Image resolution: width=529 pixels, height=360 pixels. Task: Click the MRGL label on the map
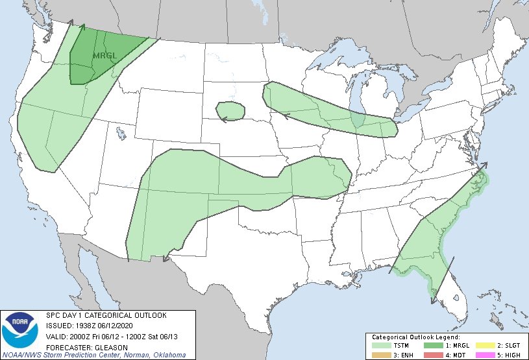click(x=105, y=56)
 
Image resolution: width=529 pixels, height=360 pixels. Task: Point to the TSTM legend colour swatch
click(x=380, y=346)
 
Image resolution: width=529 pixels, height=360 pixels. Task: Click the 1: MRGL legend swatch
click(x=433, y=346)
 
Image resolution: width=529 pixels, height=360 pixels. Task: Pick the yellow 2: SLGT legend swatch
click(x=486, y=346)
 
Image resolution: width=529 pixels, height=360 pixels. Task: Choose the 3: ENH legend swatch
click(x=380, y=355)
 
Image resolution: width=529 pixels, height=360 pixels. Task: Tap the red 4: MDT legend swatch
click(x=433, y=355)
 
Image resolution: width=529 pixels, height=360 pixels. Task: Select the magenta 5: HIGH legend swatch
click(x=486, y=355)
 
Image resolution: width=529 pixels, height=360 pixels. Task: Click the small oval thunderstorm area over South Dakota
click(x=230, y=111)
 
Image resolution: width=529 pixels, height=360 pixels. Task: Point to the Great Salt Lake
click(x=121, y=134)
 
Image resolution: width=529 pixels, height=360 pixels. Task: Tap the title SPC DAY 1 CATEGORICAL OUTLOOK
click(x=106, y=315)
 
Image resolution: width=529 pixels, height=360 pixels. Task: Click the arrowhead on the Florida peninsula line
click(x=452, y=259)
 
